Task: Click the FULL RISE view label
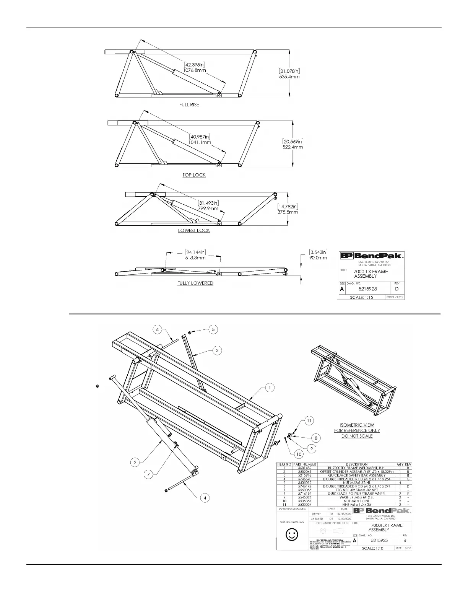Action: (x=189, y=105)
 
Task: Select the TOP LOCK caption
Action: (x=194, y=175)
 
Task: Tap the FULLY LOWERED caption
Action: (x=195, y=283)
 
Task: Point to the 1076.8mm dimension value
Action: (x=195, y=70)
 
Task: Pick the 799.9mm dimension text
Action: (x=208, y=209)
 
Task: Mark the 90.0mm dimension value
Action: (x=318, y=258)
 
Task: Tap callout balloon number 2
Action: (x=135, y=463)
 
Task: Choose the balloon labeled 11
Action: (x=309, y=420)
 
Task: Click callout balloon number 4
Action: (x=205, y=498)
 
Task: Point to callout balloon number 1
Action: (x=270, y=388)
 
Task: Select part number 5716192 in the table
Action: (x=305, y=494)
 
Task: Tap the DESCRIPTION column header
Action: (x=356, y=464)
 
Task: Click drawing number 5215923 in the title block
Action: (x=368, y=289)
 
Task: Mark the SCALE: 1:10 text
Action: (x=373, y=548)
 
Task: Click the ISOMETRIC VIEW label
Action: (x=357, y=425)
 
